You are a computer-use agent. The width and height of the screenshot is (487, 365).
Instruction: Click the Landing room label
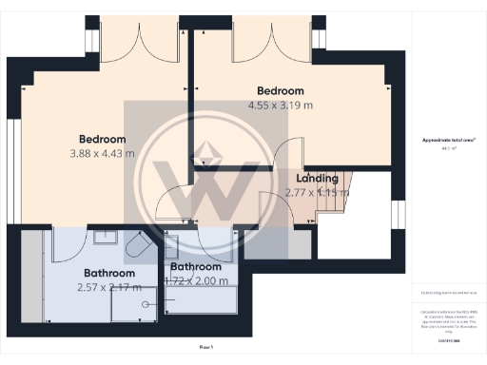[317, 178]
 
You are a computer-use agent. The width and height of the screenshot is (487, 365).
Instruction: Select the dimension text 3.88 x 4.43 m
[102, 152]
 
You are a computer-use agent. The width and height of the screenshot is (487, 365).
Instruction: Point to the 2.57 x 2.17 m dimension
[107, 286]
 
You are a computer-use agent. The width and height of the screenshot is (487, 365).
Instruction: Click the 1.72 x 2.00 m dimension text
[199, 280]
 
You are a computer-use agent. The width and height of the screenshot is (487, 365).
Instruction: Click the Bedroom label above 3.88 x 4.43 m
[102, 138]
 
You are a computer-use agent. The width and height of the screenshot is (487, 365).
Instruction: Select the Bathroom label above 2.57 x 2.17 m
[107, 273]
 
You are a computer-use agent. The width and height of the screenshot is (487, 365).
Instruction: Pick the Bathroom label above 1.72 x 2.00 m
[196, 267]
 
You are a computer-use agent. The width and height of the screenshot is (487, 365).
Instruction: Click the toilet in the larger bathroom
[135, 247]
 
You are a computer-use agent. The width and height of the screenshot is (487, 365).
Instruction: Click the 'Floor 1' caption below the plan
[205, 349]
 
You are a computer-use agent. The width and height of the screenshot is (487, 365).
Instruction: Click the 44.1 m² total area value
[444, 148]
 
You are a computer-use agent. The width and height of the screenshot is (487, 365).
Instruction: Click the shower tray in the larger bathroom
[133, 303]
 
